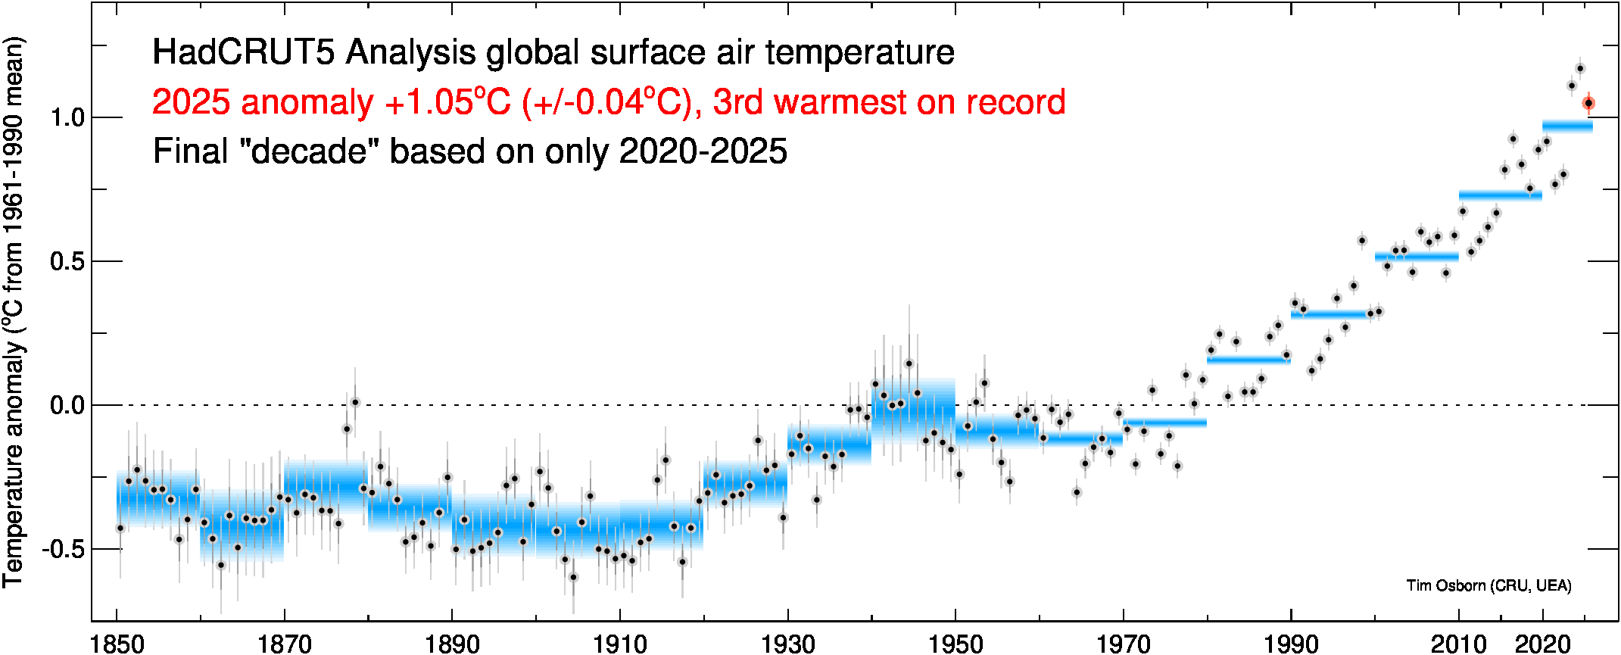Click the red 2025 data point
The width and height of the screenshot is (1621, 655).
point(1588,103)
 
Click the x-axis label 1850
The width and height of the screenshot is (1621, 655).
point(117,644)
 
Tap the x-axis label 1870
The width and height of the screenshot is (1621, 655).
point(285,644)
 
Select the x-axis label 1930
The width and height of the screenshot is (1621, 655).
point(788,644)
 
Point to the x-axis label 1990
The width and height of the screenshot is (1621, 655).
point(1291,644)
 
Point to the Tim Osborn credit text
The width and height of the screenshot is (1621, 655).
point(1489,585)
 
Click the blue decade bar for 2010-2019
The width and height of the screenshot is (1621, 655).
point(1500,195)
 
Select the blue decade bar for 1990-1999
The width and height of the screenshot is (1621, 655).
point(1333,314)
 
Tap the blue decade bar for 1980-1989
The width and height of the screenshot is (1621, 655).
point(1248,359)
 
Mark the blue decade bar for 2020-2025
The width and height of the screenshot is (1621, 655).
point(1566,126)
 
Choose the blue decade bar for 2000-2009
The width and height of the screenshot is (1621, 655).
point(1416,257)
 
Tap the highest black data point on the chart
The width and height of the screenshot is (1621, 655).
point(1580,69)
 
